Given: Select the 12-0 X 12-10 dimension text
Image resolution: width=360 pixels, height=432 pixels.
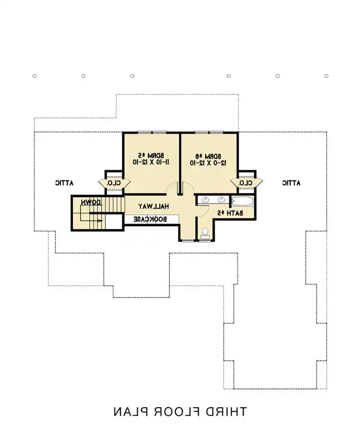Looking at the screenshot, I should pos(208,161).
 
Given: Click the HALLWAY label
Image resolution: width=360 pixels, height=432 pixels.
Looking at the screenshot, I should pos(154,206).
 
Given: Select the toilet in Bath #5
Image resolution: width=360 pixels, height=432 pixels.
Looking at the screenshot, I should pos(205,233).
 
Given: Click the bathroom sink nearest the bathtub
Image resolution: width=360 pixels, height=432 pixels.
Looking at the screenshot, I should pos(221,200).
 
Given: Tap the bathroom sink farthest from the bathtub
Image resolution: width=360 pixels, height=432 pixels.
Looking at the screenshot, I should pos(205,200).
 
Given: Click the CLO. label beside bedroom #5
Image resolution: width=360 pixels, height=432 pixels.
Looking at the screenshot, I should pos(113,183).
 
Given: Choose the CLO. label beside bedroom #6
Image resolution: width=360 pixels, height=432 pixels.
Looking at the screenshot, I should pos(246,183).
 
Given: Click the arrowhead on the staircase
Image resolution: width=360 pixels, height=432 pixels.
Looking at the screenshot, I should pos(99,220).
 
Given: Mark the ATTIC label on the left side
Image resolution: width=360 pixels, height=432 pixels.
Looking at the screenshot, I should pos(64,183).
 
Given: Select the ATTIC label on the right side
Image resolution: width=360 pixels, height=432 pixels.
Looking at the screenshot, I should pos(291,183).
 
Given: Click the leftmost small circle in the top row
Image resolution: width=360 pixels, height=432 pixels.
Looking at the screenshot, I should pos(35,76).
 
